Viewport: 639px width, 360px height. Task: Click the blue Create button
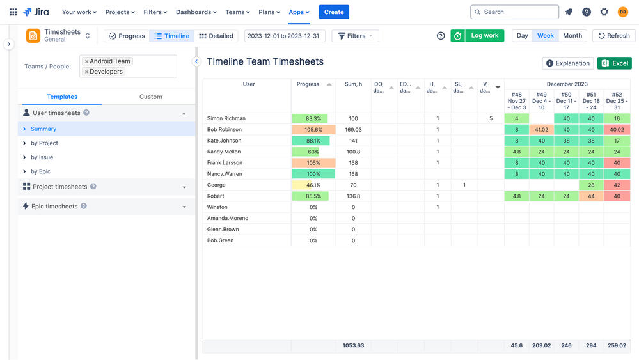(x=334, y=12)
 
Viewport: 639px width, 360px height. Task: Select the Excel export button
(x=614, y=63)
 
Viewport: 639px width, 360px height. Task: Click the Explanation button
(x=567, y=63)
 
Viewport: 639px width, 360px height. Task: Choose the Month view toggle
(x=572, y=36)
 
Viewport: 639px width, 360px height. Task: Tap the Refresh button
(x=613, y=36)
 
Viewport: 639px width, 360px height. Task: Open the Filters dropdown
(x=355, y=36)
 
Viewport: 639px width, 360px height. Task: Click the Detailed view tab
(x=216, y=36)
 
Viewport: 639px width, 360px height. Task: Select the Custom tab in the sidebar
(x=151, y=97)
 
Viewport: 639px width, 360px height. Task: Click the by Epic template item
(x=40, y=171)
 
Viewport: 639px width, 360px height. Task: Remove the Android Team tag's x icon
(x=87, y=62)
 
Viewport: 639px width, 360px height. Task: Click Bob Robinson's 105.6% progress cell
(x=313, y=130)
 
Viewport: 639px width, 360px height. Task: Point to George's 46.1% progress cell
(x=313, y=185)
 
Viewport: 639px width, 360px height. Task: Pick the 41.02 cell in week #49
(x=541, y=130)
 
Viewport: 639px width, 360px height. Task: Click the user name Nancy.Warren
(x=225, y=174)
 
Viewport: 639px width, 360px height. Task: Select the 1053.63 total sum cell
(x=353, y=345)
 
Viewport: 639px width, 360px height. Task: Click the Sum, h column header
(x=353, y=84)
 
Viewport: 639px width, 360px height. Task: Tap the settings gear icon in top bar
(x=604, y=12)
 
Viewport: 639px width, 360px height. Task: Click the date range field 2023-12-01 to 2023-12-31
(x=285, y=36)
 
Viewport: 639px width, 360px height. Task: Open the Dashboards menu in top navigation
(x=196, y=12)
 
